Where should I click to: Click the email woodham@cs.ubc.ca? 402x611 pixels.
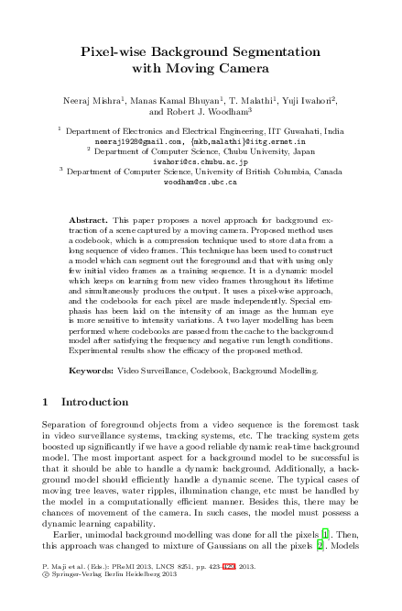200,183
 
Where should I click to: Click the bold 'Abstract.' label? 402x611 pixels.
89,221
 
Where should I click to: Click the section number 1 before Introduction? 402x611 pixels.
47,402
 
